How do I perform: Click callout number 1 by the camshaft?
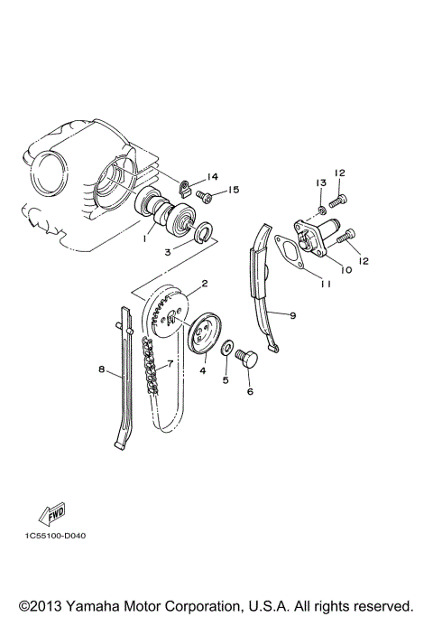(x=142, y=241)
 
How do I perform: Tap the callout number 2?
(x=205, y=284)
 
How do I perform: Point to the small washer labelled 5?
(x=229, y=347)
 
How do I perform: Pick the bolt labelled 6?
(x=247, y=363)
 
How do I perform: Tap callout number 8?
(x=101, y=369)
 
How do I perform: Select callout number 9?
(x=292, y=314)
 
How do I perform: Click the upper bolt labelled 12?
(x=341, y=192)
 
